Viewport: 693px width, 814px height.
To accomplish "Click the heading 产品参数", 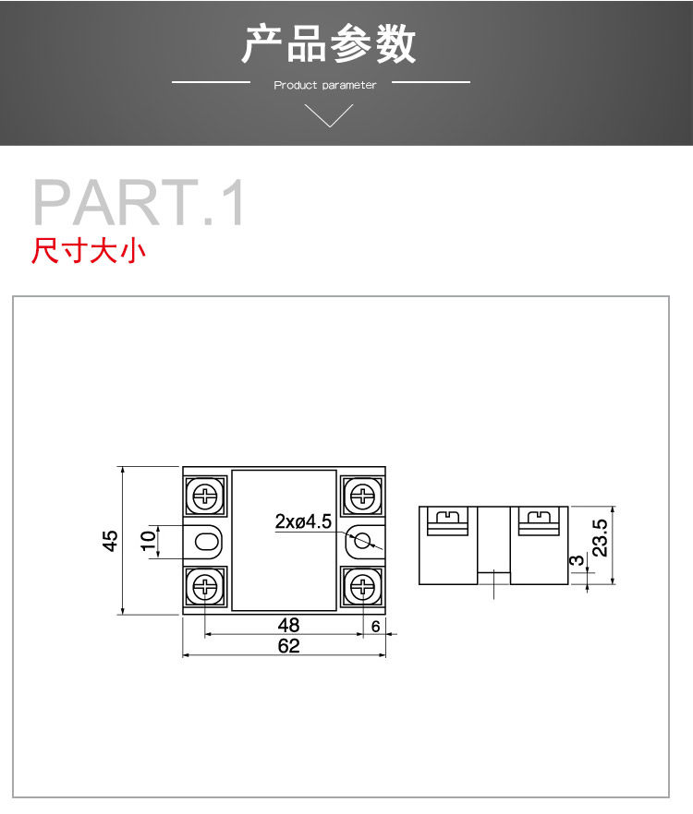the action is [329, 44].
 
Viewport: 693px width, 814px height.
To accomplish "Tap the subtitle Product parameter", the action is [325, 85].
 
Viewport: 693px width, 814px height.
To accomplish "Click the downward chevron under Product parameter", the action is [329, 115].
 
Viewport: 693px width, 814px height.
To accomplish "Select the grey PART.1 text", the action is [139, 202].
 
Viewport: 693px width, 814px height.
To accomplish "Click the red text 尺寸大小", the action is [89, 251].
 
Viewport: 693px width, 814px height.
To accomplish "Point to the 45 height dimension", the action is [110, 541].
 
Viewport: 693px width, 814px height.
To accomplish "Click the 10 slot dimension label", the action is [148, 541].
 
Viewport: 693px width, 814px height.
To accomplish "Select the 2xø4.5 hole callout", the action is [303, 521].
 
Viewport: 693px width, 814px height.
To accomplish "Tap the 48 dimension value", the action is [288, 625].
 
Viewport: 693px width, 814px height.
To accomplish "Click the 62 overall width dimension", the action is [288, 646].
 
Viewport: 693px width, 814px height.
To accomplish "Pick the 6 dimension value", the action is [375, 627].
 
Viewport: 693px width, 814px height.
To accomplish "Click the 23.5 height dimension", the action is [600, 538].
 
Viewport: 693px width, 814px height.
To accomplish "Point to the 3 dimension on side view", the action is [576, 561].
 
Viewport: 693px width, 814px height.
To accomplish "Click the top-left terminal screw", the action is [206, 497].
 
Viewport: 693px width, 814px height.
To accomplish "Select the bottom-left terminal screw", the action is [206, 587].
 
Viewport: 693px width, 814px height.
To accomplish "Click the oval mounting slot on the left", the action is [206, 542].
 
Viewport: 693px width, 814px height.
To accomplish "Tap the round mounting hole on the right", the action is [363, 541].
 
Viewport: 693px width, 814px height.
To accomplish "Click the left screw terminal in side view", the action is [447, 521].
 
